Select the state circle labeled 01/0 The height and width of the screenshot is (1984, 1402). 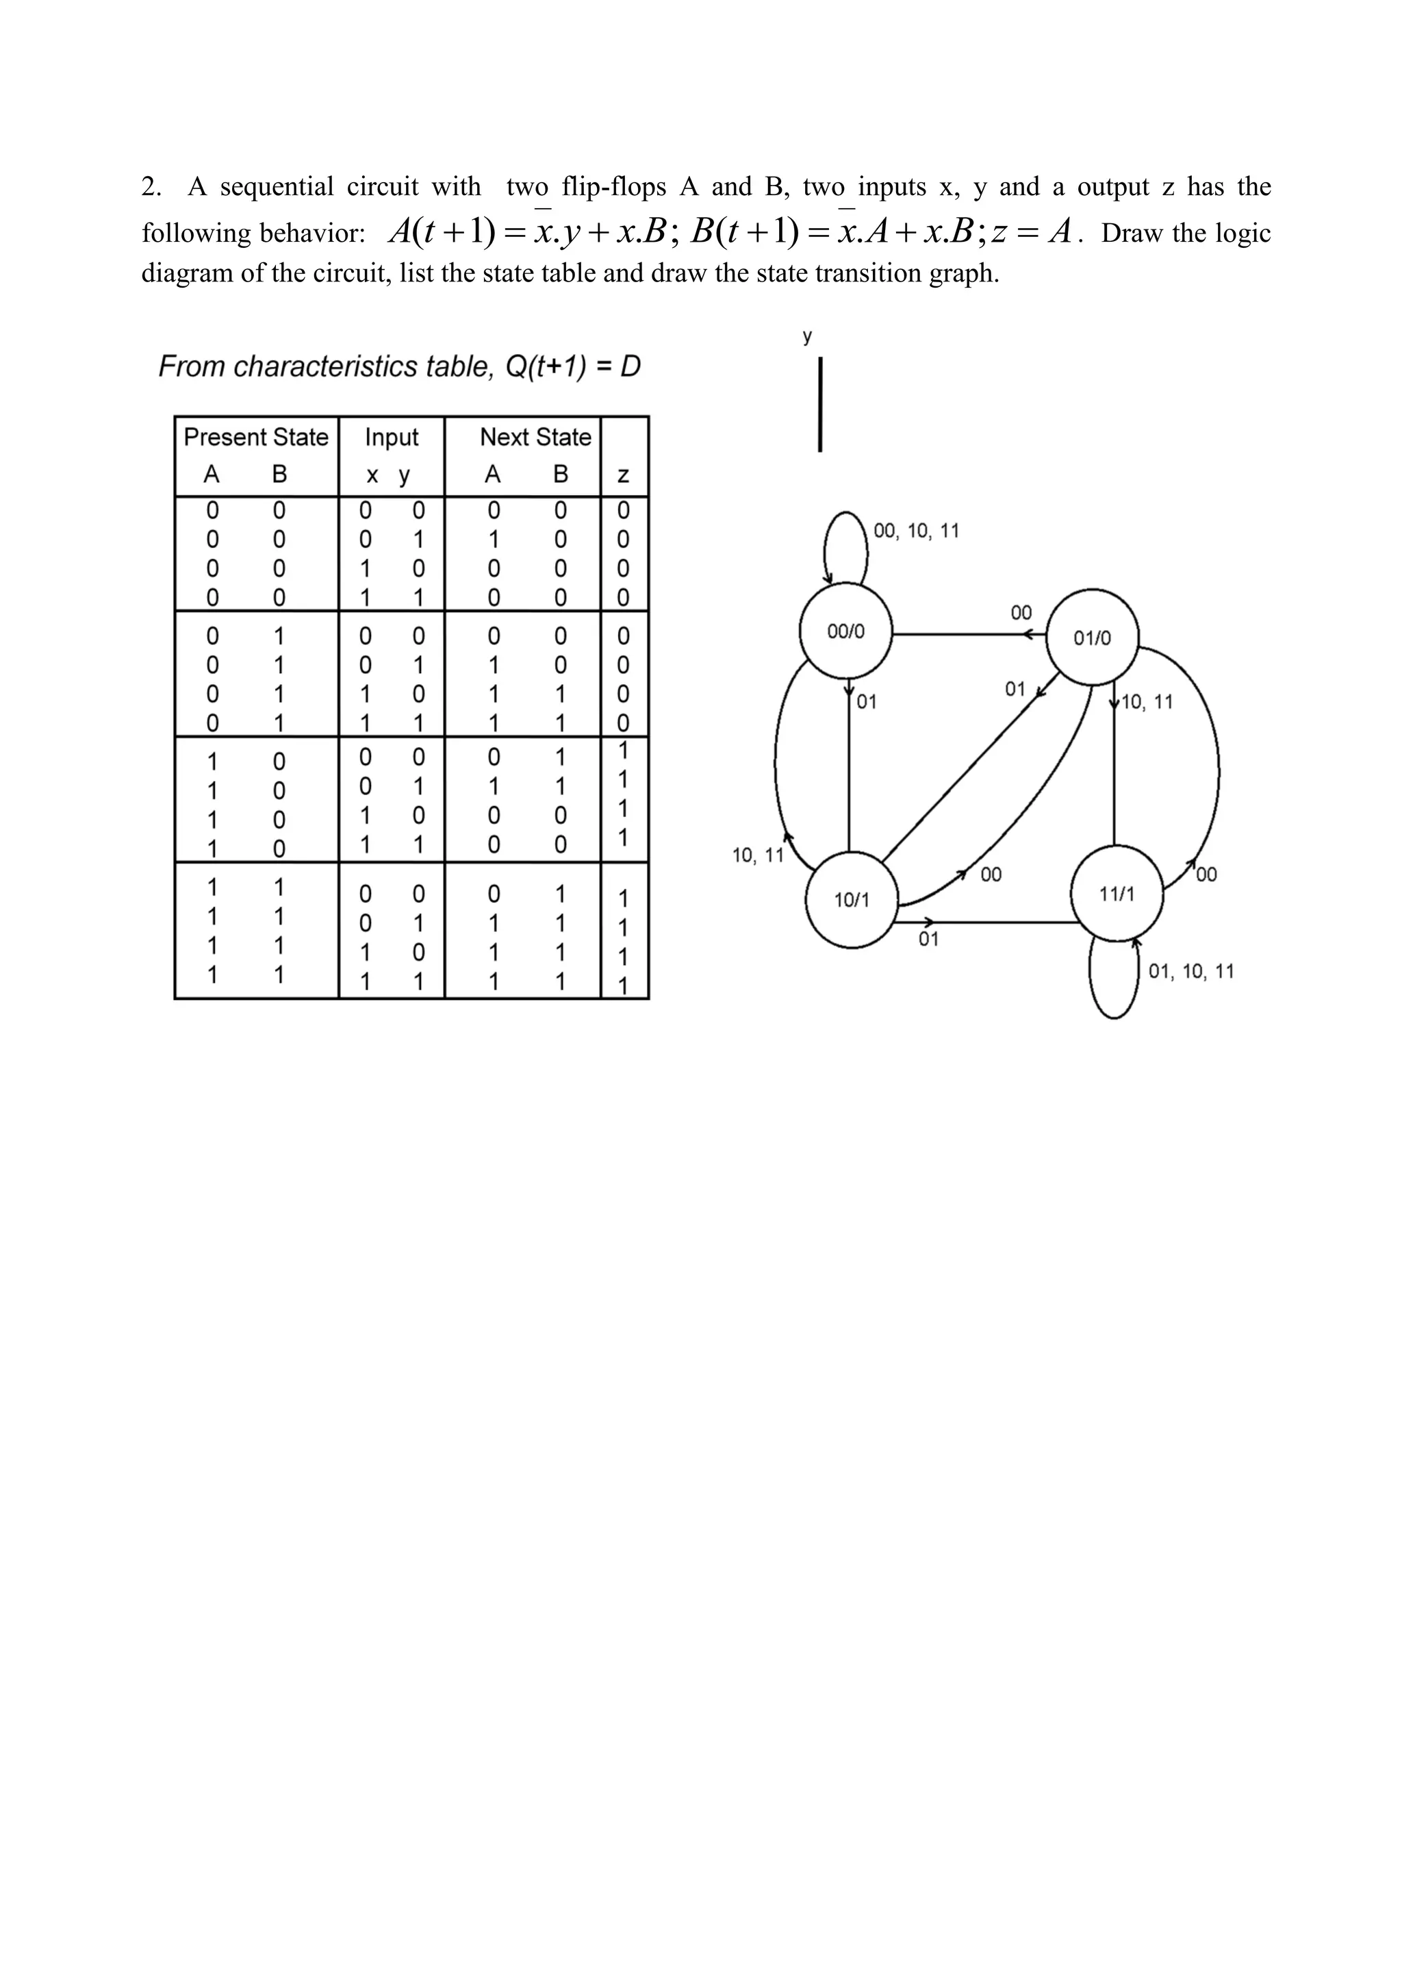pyautogui.click(x=1093, y=638)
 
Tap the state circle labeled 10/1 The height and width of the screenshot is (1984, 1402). pyautogui.click(x=852, y=899)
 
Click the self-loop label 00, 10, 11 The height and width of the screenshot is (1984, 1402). pyautogui.click(x=917, y=531)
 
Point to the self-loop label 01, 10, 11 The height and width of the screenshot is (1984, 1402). pyautogui.click(x=1191, y=971)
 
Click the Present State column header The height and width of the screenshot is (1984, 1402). pyautogui.click(x=256, y=437)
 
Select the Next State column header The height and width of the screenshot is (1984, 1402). pyautogui.click(x=535, y=437)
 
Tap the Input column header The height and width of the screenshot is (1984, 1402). pyautogui.click(x=392, y=437)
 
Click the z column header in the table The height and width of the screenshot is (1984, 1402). pyautogui.click(x=623, y=475)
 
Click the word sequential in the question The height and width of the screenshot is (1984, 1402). pyautogui.click(x=277, y=187)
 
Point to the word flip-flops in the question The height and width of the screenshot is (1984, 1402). pyautogui.click(x=615, y=187)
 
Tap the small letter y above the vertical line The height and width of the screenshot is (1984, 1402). pyautogui.click(x=807, y=337)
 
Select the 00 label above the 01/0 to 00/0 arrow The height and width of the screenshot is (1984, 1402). pyautogui.click(x=1021, y=613)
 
